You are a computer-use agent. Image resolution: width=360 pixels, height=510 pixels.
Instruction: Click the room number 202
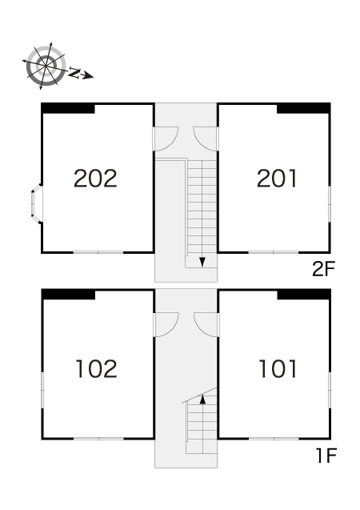95,179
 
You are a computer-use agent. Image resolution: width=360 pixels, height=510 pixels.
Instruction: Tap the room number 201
277,179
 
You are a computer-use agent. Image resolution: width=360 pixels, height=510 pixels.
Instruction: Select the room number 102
96,368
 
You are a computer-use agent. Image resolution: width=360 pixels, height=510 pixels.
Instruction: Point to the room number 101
278,368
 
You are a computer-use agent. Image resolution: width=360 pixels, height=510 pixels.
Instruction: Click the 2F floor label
323,269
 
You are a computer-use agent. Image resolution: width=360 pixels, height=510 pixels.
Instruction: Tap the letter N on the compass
74,73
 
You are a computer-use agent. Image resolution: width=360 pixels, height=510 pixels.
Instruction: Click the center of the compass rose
46,66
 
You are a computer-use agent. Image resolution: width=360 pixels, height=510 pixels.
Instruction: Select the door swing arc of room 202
170,143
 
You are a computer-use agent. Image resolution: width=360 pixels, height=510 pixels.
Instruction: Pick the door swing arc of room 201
201,143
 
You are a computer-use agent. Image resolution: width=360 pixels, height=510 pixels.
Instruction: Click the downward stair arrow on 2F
202,262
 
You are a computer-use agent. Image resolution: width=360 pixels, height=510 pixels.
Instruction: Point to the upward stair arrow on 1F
202,399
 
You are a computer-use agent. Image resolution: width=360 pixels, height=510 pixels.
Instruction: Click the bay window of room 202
36,204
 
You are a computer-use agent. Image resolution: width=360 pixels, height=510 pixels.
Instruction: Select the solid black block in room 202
68,108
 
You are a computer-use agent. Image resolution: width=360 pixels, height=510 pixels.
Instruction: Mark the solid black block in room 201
304,108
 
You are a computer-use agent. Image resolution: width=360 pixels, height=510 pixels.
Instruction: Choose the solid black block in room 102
68,295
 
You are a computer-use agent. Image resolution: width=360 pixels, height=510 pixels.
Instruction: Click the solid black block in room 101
304,295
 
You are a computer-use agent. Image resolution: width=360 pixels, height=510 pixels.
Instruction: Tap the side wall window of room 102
42,390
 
